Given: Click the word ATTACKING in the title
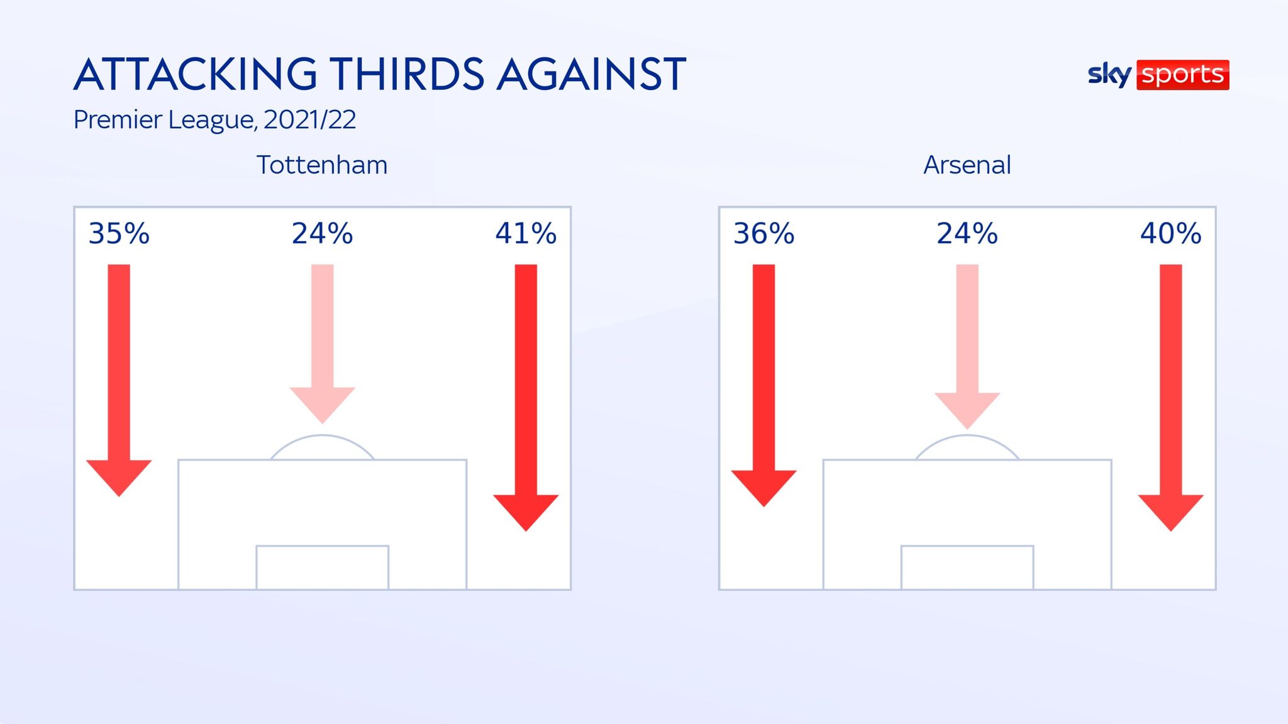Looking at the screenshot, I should click(x=196, y=74).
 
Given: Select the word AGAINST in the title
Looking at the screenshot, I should click(x=591, y=74).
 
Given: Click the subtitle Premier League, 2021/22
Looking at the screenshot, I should click(x=214, y=119).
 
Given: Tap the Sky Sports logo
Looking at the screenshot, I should click(x=1158, y=75).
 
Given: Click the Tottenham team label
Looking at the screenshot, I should click(x=322, y=165).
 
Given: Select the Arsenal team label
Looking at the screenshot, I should click(x=967, y=165).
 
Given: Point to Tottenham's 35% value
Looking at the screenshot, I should click(x=119, y=234).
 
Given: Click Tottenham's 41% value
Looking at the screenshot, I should click(x=526, y=234).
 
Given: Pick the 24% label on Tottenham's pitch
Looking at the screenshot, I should click(x=322, y=234).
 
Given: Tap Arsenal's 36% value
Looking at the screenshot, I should click(x=764, y=234).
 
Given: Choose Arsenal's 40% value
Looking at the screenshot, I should click(x=1171, y=234).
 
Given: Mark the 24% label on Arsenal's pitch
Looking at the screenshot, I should click(x=967, y=234).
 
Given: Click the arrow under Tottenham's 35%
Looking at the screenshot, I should click(x=119, y=377).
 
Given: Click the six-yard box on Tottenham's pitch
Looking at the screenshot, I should click(x=322, y=568).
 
